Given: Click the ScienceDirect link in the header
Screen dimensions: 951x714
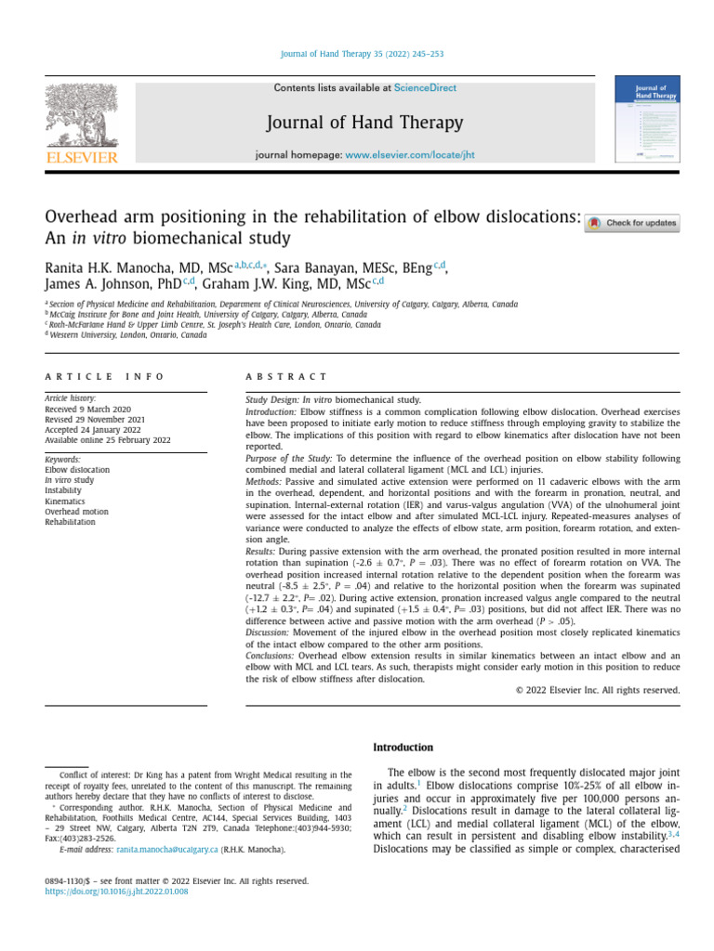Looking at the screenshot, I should pos(425,88).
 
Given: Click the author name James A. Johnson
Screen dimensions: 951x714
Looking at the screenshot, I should pos(104,285).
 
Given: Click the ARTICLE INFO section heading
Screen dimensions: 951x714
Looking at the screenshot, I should pos(104,376).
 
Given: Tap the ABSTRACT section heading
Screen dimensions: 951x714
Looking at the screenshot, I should pos(286,376).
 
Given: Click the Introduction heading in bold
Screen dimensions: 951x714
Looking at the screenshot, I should pos(403,747).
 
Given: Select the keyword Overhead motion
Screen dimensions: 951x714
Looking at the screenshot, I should pos(77,511).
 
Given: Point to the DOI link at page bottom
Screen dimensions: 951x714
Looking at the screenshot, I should pos(116,891).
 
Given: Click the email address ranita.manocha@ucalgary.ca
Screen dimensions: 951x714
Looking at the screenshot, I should pos(167,849).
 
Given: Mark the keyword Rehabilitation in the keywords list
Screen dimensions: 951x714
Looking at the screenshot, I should pos(70,522).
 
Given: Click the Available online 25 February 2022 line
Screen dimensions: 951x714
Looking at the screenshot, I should pos(107,439).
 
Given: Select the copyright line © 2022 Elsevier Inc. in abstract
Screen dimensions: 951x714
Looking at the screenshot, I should pos(597,690).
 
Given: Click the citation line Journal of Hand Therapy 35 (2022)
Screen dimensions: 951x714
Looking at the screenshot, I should pos(356,55).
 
